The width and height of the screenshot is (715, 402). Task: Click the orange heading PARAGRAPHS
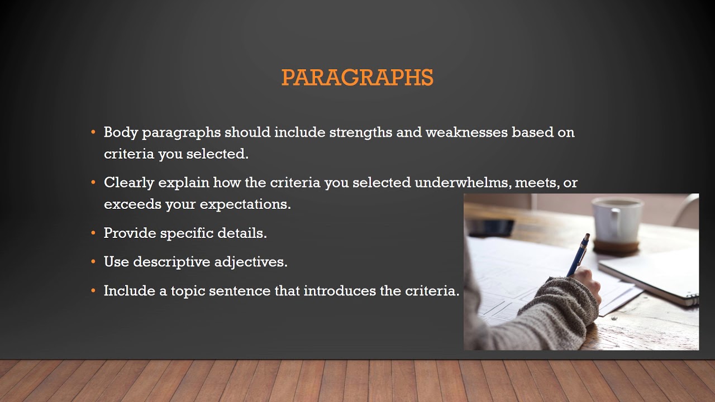(357, 78)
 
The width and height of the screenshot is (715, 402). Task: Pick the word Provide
(130, 233)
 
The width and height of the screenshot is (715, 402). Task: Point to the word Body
(121, 132)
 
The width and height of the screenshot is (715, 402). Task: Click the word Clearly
(129, 183)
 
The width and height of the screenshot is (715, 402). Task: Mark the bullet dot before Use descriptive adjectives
(93, 262)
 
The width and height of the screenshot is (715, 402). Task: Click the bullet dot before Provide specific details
(93, 233)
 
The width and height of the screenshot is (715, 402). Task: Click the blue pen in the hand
(579, 254)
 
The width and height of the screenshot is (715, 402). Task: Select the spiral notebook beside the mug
(654, 276)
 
